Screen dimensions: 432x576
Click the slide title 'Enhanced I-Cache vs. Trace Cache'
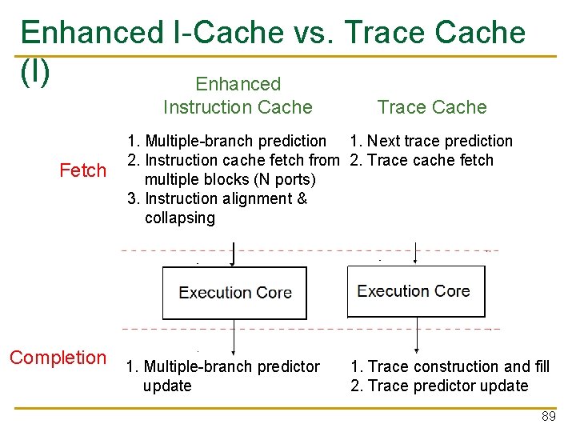pos(273,33)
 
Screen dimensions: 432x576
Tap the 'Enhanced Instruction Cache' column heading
pos(238,95)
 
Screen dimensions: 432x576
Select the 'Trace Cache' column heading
pos(432,107)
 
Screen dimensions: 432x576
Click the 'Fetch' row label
pos(83,170)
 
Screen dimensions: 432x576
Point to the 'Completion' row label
pos(58,358)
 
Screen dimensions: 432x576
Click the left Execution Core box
pos(234,293)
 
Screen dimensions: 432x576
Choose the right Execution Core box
pos(416,291)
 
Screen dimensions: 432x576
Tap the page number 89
pos(548,417)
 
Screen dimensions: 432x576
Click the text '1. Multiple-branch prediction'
pos(226,141)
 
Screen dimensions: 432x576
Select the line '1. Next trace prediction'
pos(431,141)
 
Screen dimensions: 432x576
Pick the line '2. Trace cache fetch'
pos(422,160)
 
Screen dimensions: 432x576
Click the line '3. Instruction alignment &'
pos(217,198)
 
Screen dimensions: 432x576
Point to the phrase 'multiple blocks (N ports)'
pos(230,179)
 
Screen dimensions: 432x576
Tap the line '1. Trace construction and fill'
pos(450,366)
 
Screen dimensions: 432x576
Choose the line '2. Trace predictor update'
pos(439,386)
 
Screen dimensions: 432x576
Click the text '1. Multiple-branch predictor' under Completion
pos(223,366)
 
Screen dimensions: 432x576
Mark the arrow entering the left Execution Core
pos(233,254)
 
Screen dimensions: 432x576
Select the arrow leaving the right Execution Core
pos(416,336)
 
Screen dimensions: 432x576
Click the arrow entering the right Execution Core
pos(415,253)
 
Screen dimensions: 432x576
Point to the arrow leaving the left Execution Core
pos(233,338)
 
